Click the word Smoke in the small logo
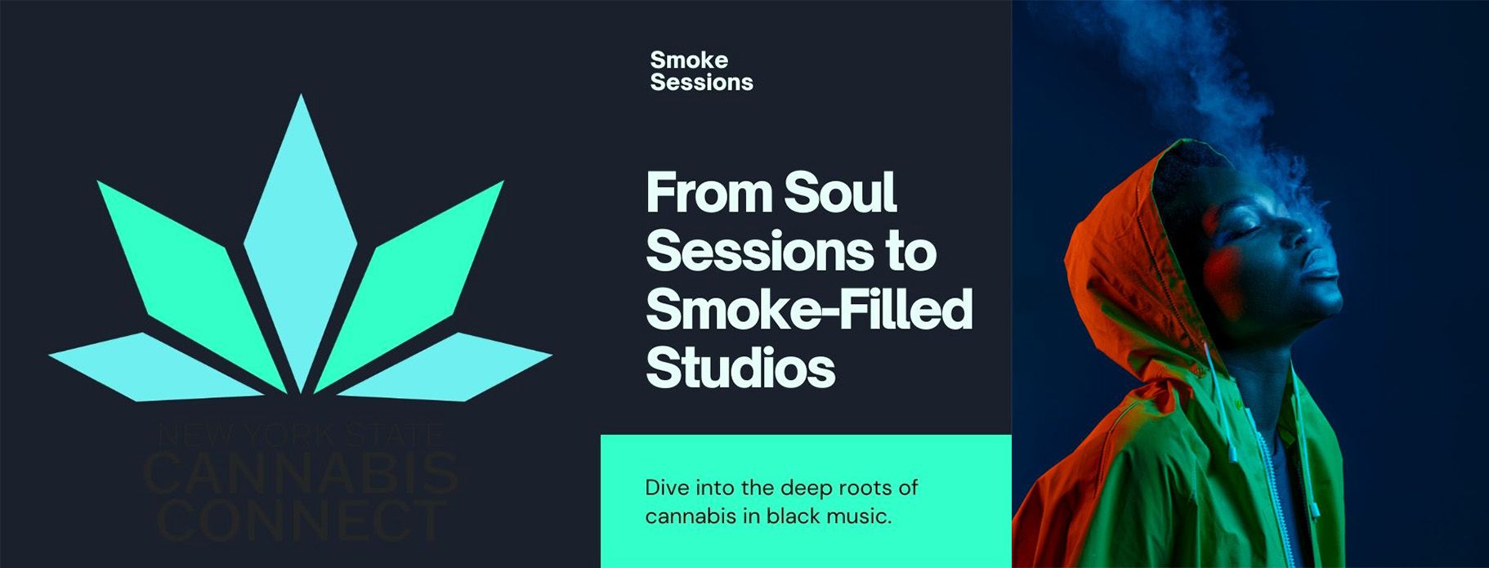[689, 60]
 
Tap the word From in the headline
[709, 193]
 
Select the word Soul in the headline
[840, 193]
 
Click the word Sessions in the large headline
[758, 251]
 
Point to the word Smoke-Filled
[809, 310]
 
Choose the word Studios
[740, 369]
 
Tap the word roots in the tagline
[861, 489]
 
